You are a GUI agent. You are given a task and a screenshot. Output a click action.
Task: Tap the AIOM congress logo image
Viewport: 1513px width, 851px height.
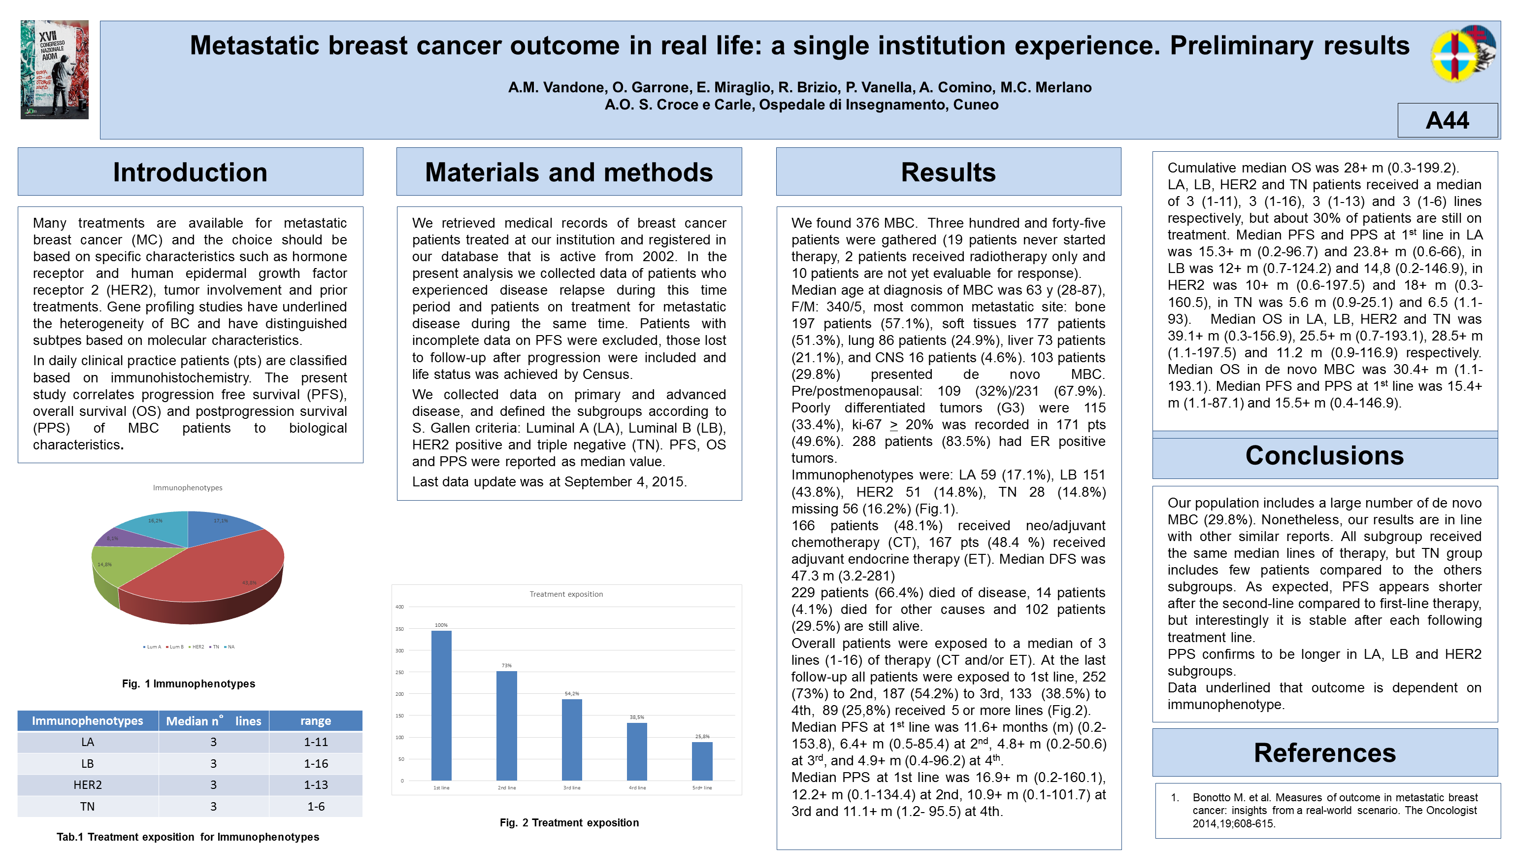point(55,69)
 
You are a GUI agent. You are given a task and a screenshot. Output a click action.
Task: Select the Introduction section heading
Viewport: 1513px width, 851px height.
point(190,172)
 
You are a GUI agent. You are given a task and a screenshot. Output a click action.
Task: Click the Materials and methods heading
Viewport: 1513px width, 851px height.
point(568,172)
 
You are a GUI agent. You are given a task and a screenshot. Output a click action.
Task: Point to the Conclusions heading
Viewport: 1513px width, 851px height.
point(1324,455)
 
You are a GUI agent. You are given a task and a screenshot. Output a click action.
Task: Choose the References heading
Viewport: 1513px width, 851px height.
point(1324,753)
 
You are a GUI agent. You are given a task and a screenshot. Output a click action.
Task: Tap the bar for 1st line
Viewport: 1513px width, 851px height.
point(441,705)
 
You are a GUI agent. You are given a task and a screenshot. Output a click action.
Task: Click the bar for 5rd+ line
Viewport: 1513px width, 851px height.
point(702,761)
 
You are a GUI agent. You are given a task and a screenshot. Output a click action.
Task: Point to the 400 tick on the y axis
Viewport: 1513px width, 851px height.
point(399,607)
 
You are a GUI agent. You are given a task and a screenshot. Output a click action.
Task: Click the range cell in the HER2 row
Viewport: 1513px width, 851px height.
point(316,785)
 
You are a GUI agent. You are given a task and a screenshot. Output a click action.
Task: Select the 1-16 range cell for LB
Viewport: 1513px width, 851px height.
point(316,763)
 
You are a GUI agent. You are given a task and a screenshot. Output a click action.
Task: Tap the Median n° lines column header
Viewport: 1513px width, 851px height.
point(213,721)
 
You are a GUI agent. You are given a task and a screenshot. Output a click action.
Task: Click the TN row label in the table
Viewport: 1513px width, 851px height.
point(88,806)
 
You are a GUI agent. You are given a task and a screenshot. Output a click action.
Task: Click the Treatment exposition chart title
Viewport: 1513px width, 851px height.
point(566,594)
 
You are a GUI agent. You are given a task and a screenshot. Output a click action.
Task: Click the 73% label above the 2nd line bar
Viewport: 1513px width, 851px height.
point(506,665)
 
